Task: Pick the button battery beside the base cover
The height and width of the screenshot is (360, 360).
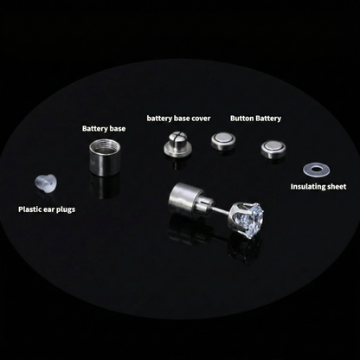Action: point(223,140)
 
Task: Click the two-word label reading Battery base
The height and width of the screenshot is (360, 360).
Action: point(103,128)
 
